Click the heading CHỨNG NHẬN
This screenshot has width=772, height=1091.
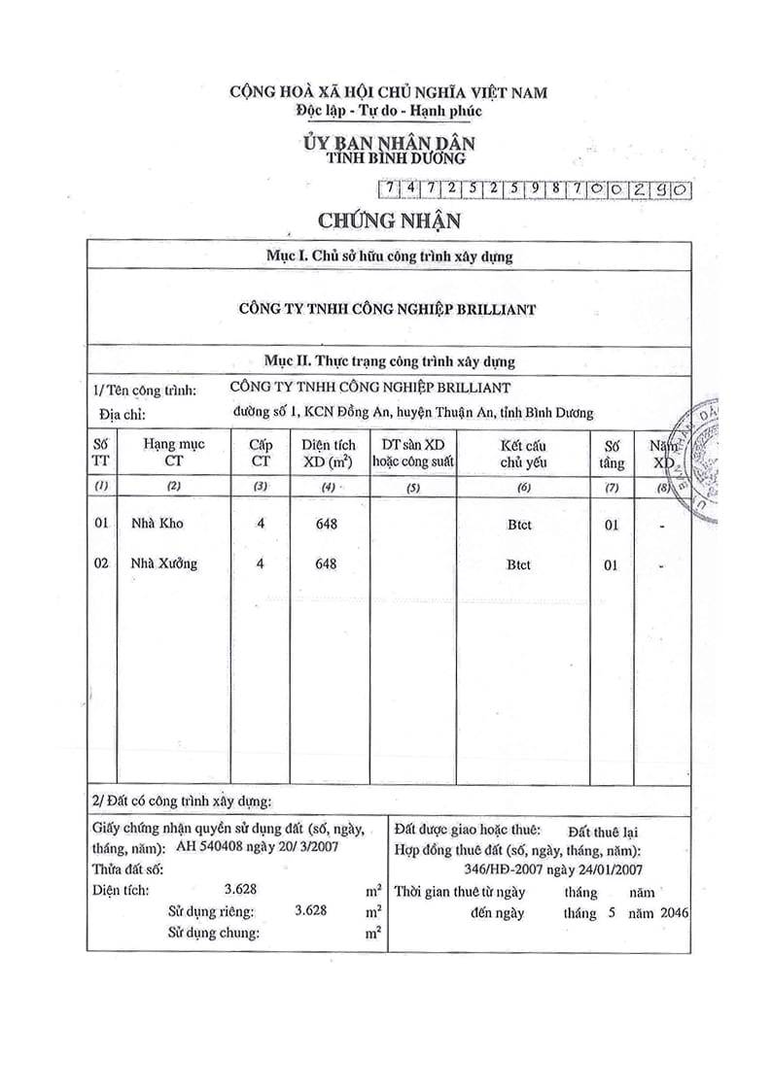tap(388, 221)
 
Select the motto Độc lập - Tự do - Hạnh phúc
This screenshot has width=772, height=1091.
tap(389, 111)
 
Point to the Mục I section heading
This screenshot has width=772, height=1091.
tap(388, 256)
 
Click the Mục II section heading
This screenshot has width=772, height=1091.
tap(390, 361)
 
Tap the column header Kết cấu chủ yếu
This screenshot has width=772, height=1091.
tap(524, 453)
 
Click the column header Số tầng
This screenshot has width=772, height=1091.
tap(612, 453)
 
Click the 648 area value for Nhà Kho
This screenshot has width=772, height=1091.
tap(327, 524)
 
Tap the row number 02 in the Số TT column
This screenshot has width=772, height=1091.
tap(101, 563)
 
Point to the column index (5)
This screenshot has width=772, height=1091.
tap(412, 487)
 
